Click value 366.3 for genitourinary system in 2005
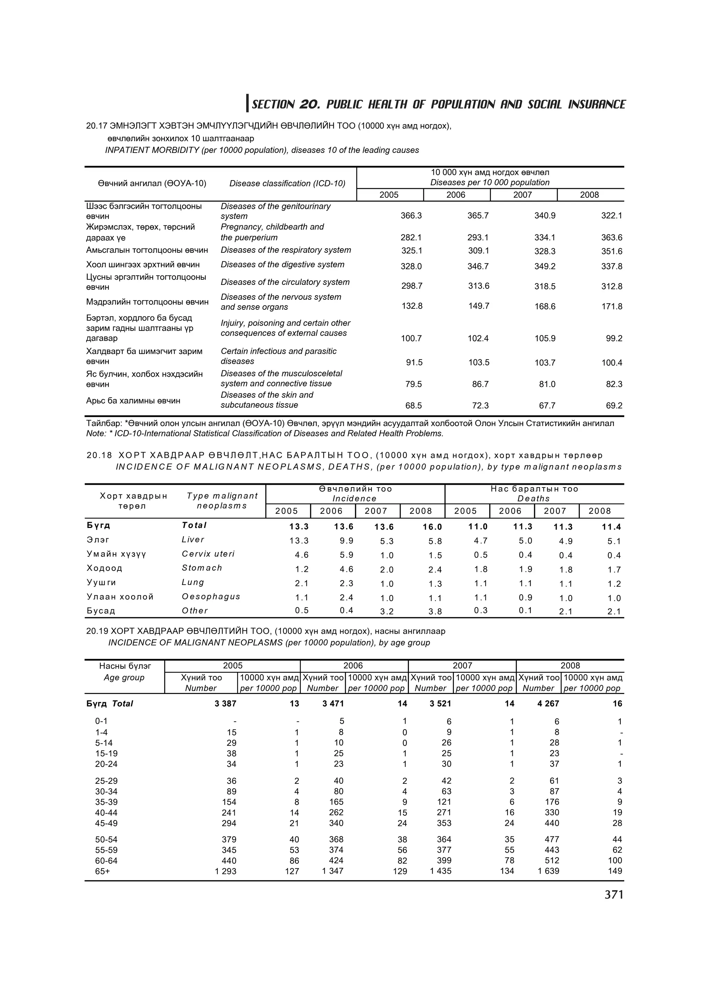pos(411,216)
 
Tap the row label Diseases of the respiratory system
pos(286,250)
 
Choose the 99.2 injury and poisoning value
pos(614,338)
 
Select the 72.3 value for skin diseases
pos(480,406)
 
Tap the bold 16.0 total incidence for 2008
pos(432,527)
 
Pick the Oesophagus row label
pos(211,596)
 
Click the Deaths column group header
pos(533,498)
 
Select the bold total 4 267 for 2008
pos(548,704)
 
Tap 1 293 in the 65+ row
pos(225,871)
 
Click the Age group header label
pos(124,678)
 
